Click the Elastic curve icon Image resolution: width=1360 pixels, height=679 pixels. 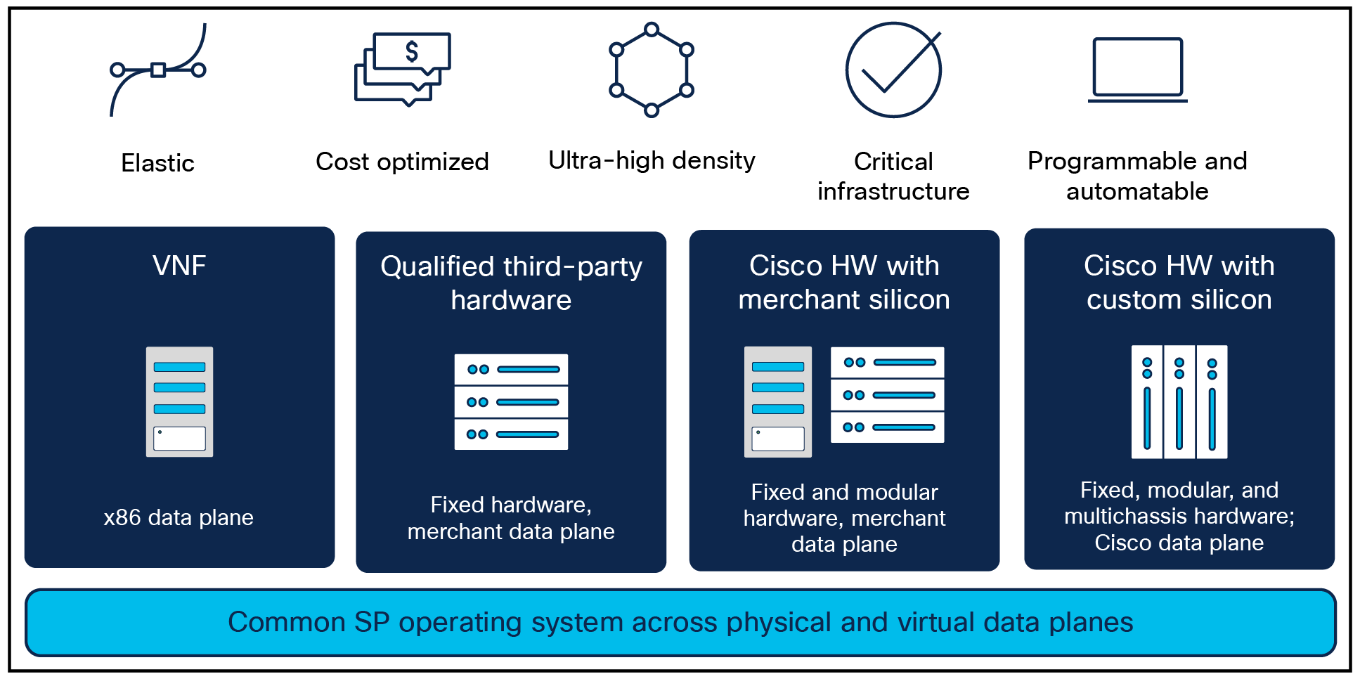pyautogui.click(x=158, y=70)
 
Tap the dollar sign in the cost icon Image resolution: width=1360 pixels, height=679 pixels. pyautogui.click(x=412, y=51)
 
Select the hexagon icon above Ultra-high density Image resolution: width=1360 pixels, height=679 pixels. pyautogui.click(x=652, y=70)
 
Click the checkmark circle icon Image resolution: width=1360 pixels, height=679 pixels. pyautogui.click(x=893, y=70)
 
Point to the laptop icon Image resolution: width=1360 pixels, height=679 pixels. pyautogui.click(x=1137, y=70)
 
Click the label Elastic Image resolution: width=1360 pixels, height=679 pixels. pyautogui.click(x=158, y=163)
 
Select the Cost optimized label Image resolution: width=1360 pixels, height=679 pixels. pyautogui.click(x=402, y=162)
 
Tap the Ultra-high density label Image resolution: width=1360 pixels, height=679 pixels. pyautogui.click(x=652, y=160)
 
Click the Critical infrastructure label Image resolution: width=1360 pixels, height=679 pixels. pyautogui.click(x=893, y=176)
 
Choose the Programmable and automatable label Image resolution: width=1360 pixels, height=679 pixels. pyautogui.click(x=1137, y=176)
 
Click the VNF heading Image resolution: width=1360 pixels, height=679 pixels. pyautogui.click(x=179, y=266)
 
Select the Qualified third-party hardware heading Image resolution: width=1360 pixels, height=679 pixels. pyautogui.click(x=511, y=283)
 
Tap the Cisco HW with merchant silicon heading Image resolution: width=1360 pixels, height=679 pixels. pyautogui.click(x=844, y=283)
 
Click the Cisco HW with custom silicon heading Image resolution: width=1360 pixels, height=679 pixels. pyautogui.click(x=1179, y=283)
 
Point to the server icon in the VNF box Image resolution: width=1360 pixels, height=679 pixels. pyautogui.click(x=179, y=401)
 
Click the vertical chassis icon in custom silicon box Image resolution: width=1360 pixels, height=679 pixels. pyautogui.click(x=1179, y=401)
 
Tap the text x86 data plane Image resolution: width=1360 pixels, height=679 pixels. pyautogui.click(x=179, y=517)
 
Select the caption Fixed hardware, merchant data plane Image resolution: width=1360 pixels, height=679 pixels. pyautogui.click(x=511, y=518)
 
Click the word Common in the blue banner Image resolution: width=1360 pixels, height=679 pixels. pyautogui.click(x=276, y=622)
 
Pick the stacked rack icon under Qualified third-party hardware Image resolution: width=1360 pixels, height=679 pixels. pyautogui.click(x=511, y=401)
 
